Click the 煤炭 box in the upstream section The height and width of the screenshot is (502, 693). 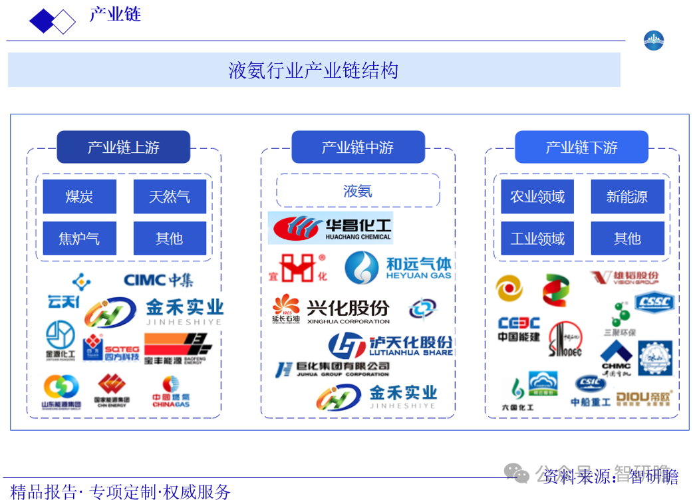[x=79, y=197]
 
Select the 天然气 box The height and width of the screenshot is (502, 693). [x=170, y=197]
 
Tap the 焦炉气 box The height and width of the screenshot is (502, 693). [x=79, y=238]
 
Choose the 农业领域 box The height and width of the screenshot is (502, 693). [x=537, y=197]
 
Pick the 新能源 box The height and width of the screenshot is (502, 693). [x=627, y=197]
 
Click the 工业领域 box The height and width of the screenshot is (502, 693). [x=537, y=238]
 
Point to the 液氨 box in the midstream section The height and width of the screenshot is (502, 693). [x=358, y=191]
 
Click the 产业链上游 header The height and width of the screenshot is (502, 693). [x=123, y=147]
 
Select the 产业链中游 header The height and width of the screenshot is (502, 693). [x=358, y=147]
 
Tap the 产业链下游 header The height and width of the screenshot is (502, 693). [x=581, y=147]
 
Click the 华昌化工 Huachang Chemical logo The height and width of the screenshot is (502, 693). [x=331, y=228]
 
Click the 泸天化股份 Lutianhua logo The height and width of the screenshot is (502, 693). [x=391, y=345]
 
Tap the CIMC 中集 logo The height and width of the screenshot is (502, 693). [x=158, y=280]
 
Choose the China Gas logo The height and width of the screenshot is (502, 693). [x=171, y=392]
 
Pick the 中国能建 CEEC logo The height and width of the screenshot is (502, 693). [x=519, y=329]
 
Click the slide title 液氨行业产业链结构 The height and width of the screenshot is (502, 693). [x=313, y=70]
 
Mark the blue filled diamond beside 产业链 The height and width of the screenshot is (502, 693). [x=41, y=21]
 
